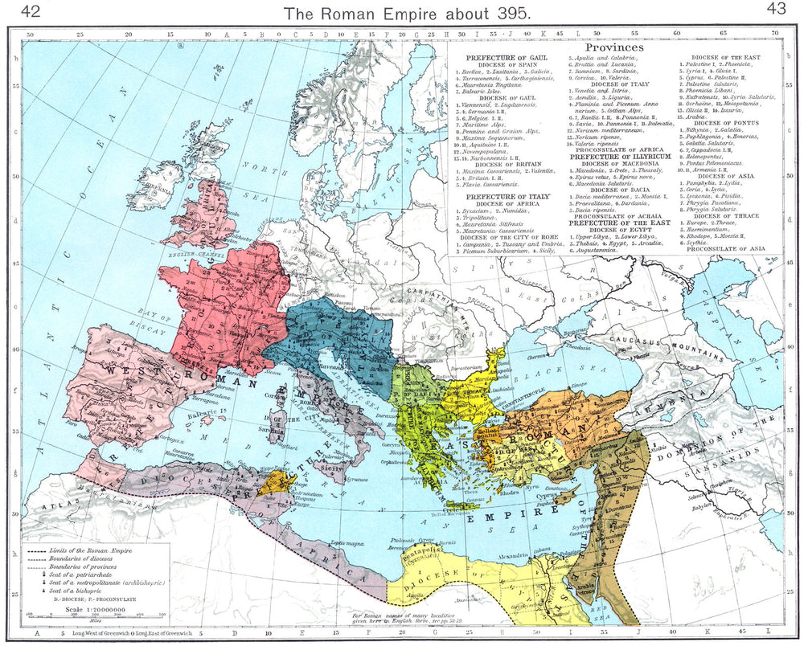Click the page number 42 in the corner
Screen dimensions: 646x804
pos(31,10)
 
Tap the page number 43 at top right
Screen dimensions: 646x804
pos(776,9)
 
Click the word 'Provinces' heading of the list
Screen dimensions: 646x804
pos(615,48)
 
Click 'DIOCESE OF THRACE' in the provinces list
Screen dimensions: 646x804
pos(730,216)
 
